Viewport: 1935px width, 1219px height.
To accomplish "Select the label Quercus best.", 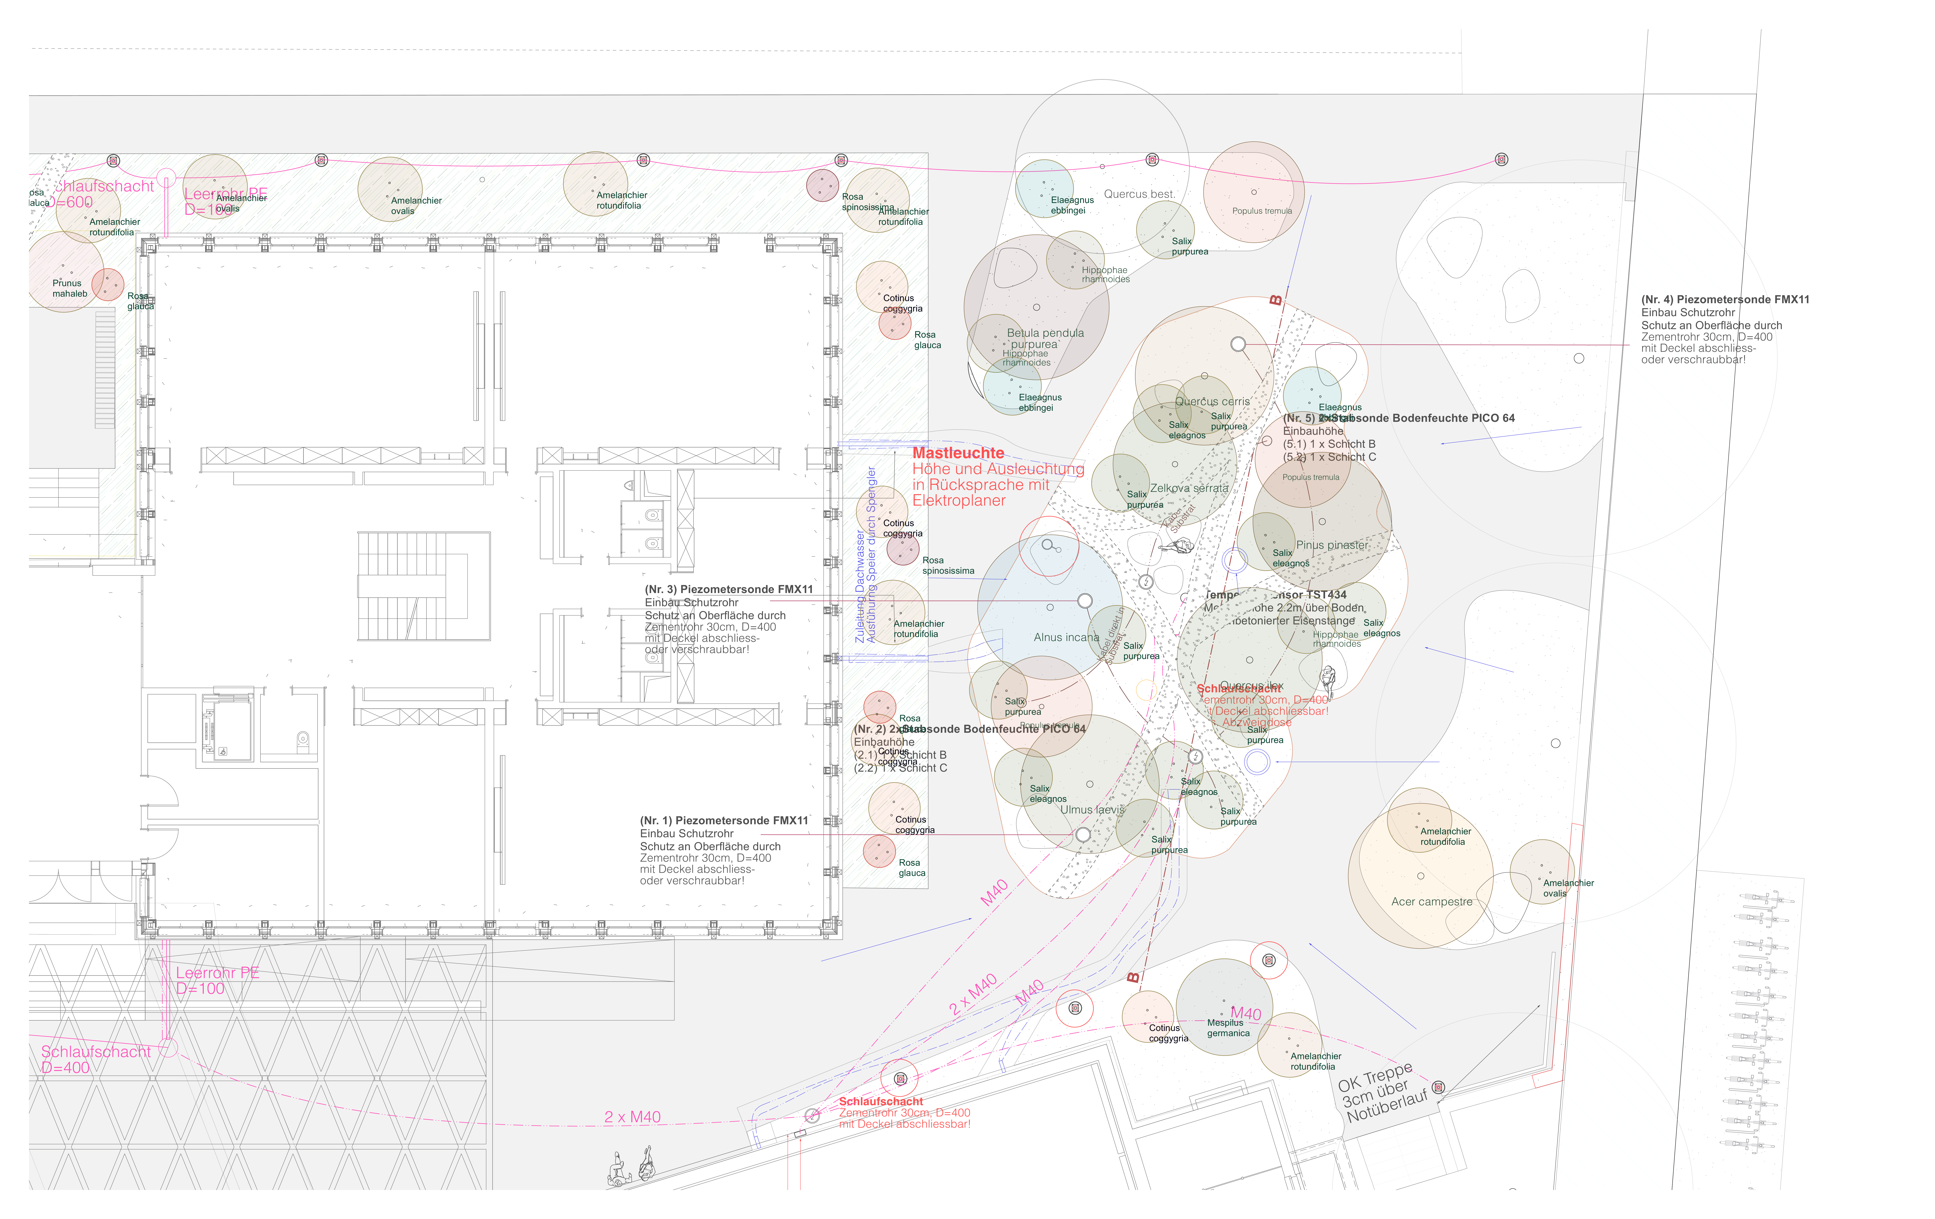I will click(x=1138, y=194).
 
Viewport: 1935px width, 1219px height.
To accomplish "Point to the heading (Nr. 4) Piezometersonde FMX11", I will click(x=1724, y=300).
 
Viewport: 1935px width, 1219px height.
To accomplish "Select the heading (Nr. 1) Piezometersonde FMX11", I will click(x=723, y=820).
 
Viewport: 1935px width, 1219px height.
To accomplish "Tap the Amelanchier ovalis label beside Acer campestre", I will click(x=1567, y=888).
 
